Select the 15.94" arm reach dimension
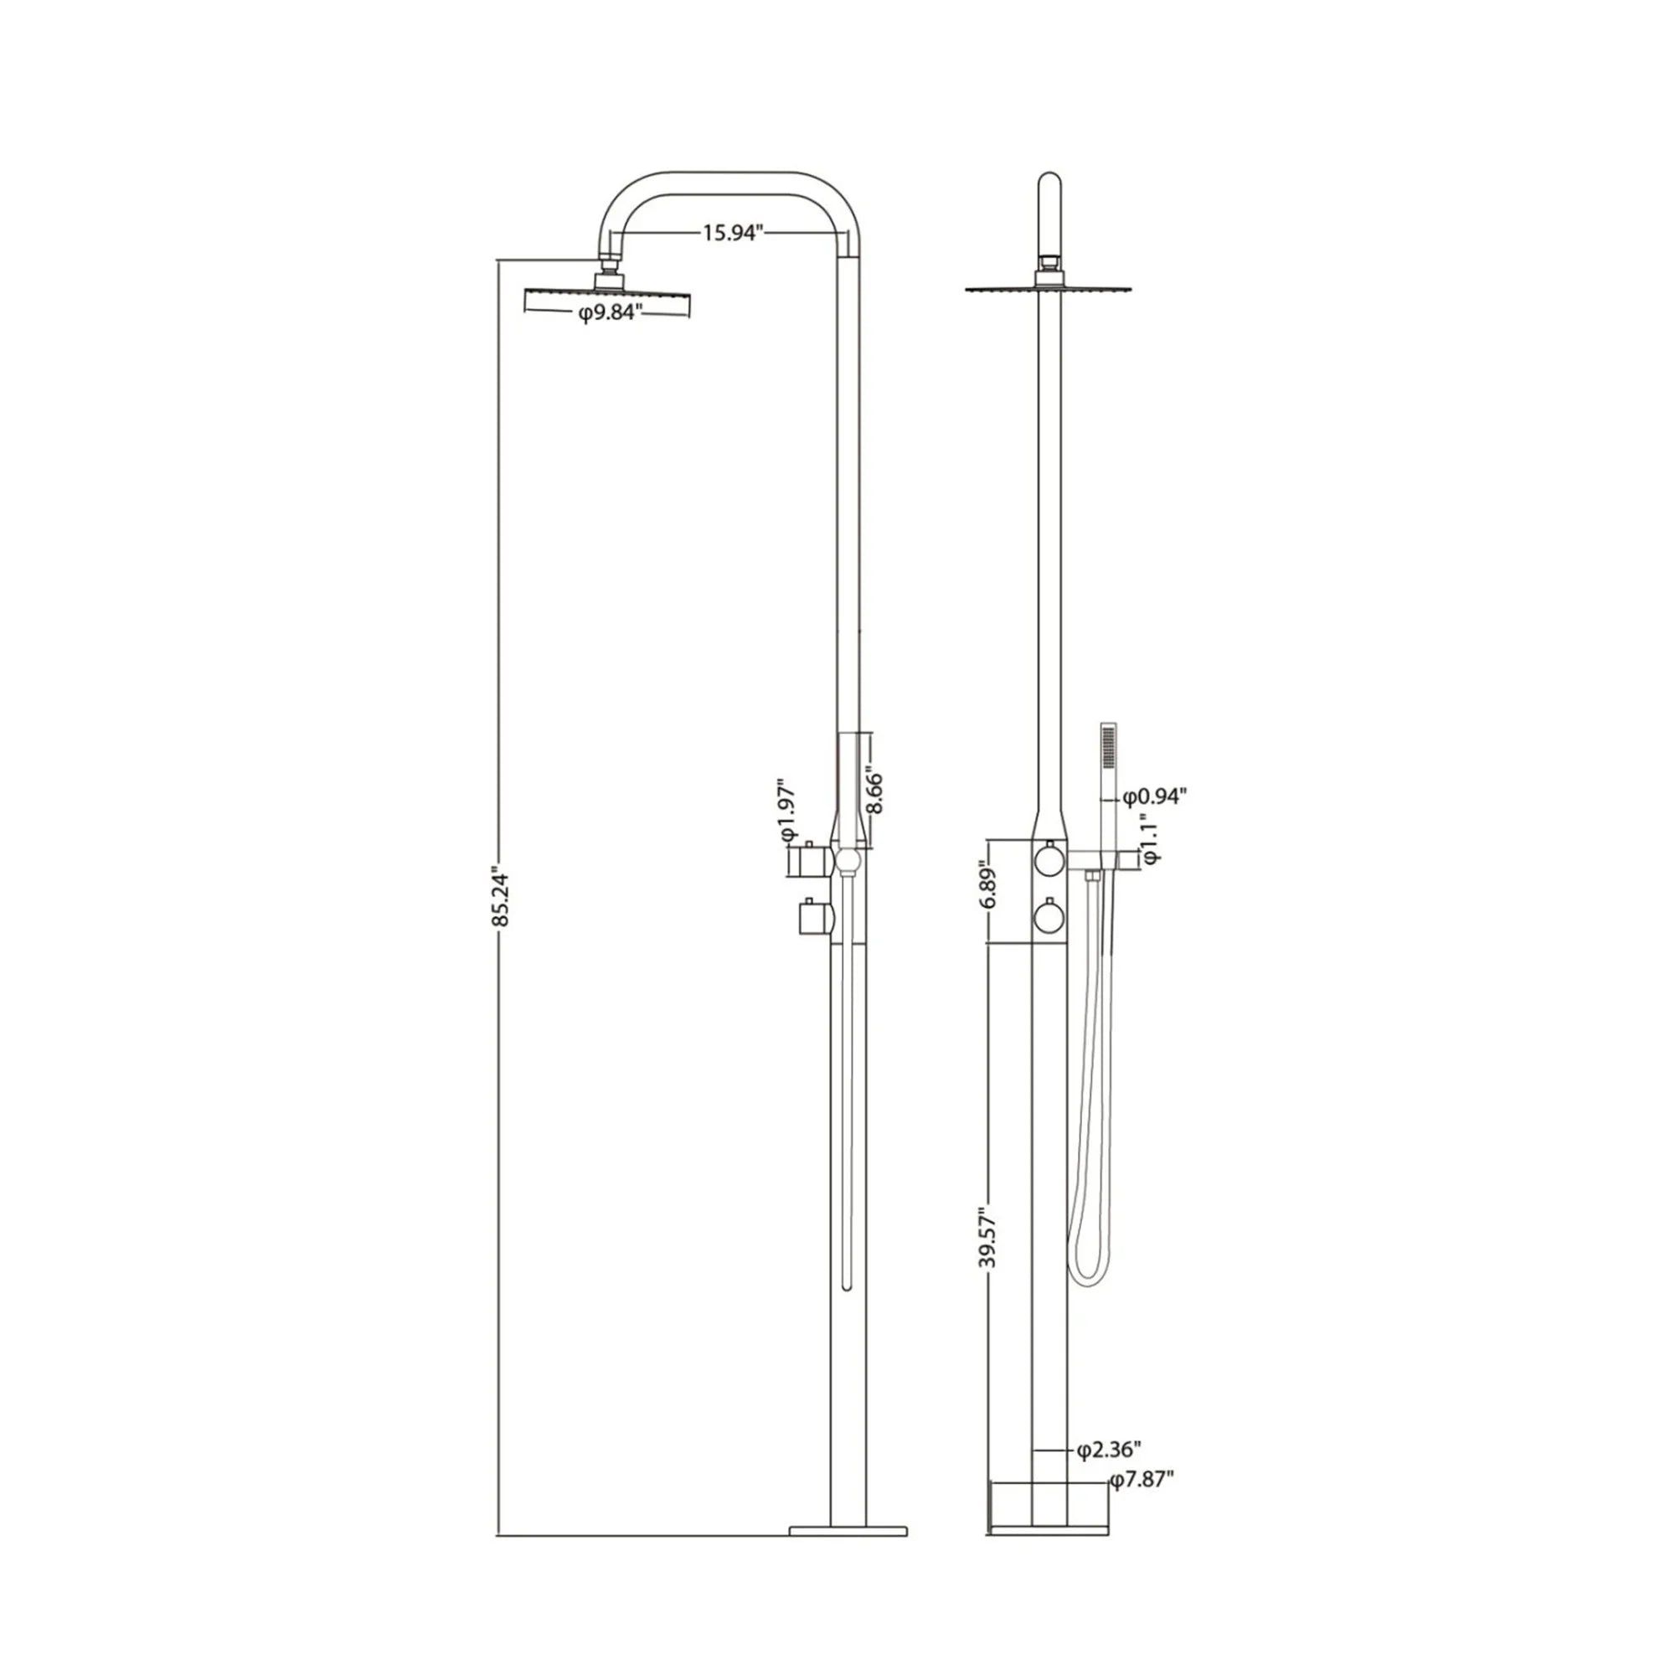point(732,232)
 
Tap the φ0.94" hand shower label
point(1153,796)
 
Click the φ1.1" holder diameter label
point(1150,838)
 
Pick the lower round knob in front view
point(1049,915)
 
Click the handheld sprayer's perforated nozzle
point(1107,748)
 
